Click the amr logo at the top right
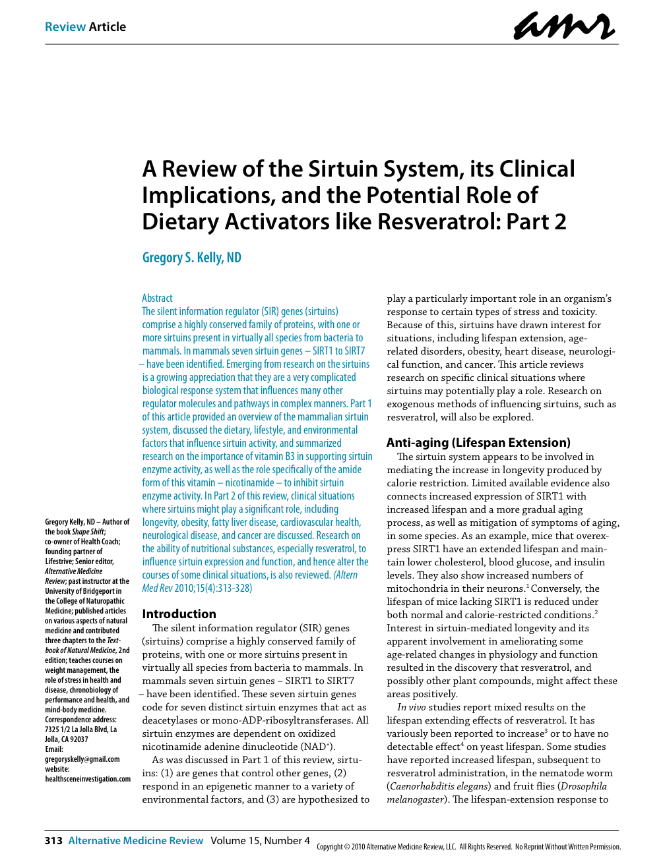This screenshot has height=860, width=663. [x=564, y=26]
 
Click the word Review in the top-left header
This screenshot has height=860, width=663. [x=65, y=27]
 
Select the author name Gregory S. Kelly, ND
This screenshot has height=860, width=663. [x=192, y=258]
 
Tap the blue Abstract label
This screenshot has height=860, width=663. [x=157, y=298]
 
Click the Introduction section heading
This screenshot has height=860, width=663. [x=179, y=614]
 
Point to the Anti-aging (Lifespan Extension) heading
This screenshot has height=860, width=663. [x=478, y=443]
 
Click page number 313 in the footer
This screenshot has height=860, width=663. [x=53, y=840]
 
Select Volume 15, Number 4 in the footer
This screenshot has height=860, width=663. [x=260, y=840]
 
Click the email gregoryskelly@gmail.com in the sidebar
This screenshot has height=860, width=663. [x=82, y=759]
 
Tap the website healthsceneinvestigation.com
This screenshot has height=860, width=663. [x=88, y=779]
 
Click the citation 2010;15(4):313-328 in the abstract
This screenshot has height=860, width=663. [x=213, y=588]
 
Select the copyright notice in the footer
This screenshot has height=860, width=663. [x=468, y=847]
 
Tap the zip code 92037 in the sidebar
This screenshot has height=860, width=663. [x=79, y=739]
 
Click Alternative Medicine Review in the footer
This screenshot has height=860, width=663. [x=136, y=840]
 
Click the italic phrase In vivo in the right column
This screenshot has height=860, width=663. [x=411, y=707]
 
